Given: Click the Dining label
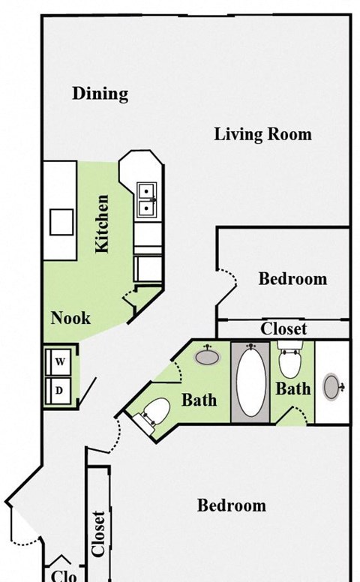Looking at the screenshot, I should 100,94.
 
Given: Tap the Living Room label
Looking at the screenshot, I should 262,135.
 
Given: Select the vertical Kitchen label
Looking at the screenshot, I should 103,223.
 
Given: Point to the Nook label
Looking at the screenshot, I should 70,318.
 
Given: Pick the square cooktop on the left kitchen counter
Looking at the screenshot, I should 61,222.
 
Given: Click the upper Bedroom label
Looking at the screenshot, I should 292,279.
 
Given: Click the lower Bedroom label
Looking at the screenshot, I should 231,505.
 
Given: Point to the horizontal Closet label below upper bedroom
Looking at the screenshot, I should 283,329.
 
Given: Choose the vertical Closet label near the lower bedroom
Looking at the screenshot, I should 97,533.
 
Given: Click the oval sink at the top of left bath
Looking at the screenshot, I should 207,356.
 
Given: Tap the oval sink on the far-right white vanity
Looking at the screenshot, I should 333,387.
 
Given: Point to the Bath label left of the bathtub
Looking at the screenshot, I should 199,400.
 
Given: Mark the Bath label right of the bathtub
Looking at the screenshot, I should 292,388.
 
